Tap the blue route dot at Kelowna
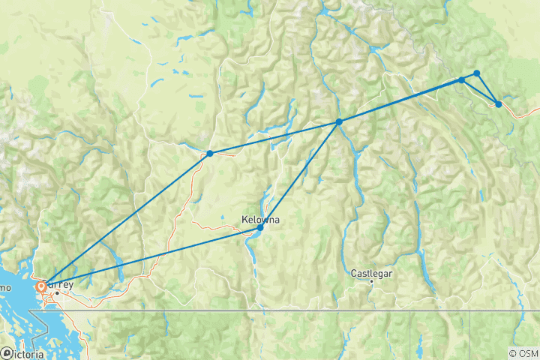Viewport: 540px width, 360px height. pyautogui.click(x=260, y=227)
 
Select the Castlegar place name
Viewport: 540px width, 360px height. pyautogui.click(x=371, y=273)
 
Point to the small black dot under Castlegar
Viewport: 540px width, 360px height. pyautogui.click(x=371, y=282)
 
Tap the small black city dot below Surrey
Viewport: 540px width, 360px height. pyautogui.click(x=56, y=292)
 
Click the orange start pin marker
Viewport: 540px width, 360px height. pyautogui.click(x=40, y=286)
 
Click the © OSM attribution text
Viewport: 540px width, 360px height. pyautogui.click(x=523, y=353)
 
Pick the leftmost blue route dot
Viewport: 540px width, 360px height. pyautogui.click(x=210, y=154)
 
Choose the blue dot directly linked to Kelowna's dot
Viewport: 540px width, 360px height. pyautogui.click(x=339, y=121)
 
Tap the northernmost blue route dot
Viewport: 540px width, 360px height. pyautogui.click(x=477, y=73)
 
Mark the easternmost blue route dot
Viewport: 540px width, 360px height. pyautogui.click(x=499, y=104)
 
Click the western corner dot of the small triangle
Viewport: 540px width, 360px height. pyautogui.click(x=462, y=79)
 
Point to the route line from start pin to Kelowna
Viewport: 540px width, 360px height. pyautogui.click(x=150, y=256)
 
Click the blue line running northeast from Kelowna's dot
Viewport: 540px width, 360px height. pyautogui.click(x=300, y=174)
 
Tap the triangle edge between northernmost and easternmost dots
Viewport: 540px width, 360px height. pyautogui.click(x=487, y=88)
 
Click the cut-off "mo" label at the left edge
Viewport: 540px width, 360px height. pyautogui.click(x=4, y=288)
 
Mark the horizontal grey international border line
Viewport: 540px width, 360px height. pyautogui.click(x=300, y=310)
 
